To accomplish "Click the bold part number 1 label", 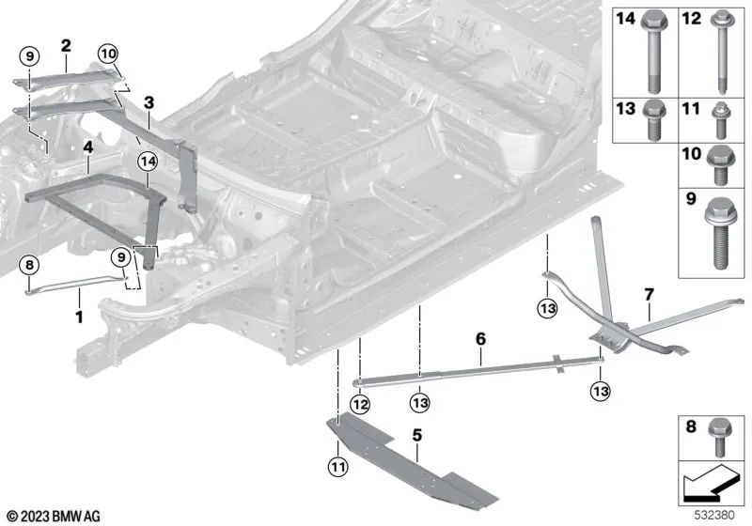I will [x=80, y=317].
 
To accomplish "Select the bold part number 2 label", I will [x=66, y=44].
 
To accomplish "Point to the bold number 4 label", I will [x=86, y=147].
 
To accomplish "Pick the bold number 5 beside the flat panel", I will [x=417, y=435].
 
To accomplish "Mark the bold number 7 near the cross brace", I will [x=647, y=296].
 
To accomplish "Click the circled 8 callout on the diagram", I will [x=29, y=266].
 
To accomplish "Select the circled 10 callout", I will [x=108, y=54].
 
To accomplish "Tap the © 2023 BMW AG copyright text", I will [x=53, y=516].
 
